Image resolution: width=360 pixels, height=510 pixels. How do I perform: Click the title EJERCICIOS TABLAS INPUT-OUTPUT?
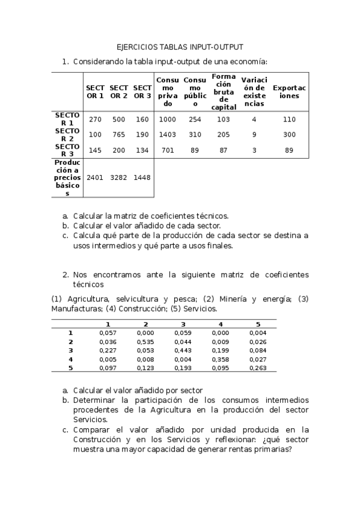(180, 47)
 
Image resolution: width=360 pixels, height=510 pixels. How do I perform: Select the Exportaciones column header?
(289, 91)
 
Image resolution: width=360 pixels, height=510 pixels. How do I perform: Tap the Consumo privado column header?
(168, 91)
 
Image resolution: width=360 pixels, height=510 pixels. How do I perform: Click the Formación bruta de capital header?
(224, 91)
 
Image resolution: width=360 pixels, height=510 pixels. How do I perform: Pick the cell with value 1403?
(168, 135)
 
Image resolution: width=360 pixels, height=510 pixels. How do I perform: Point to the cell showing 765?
(119, 135)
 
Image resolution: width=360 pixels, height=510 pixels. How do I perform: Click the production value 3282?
(119, 177)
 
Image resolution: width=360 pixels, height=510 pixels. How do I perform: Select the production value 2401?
(95, 177)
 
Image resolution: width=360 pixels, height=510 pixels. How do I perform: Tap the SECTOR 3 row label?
(67, 150)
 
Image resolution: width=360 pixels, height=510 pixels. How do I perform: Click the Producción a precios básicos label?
(67, 177)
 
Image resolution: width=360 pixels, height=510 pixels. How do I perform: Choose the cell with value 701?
(168, 150)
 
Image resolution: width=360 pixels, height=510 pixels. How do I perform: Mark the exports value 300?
(289, 135)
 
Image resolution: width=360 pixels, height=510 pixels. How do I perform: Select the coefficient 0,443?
(183, 350)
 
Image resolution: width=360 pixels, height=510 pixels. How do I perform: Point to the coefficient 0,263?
(258, 367)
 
